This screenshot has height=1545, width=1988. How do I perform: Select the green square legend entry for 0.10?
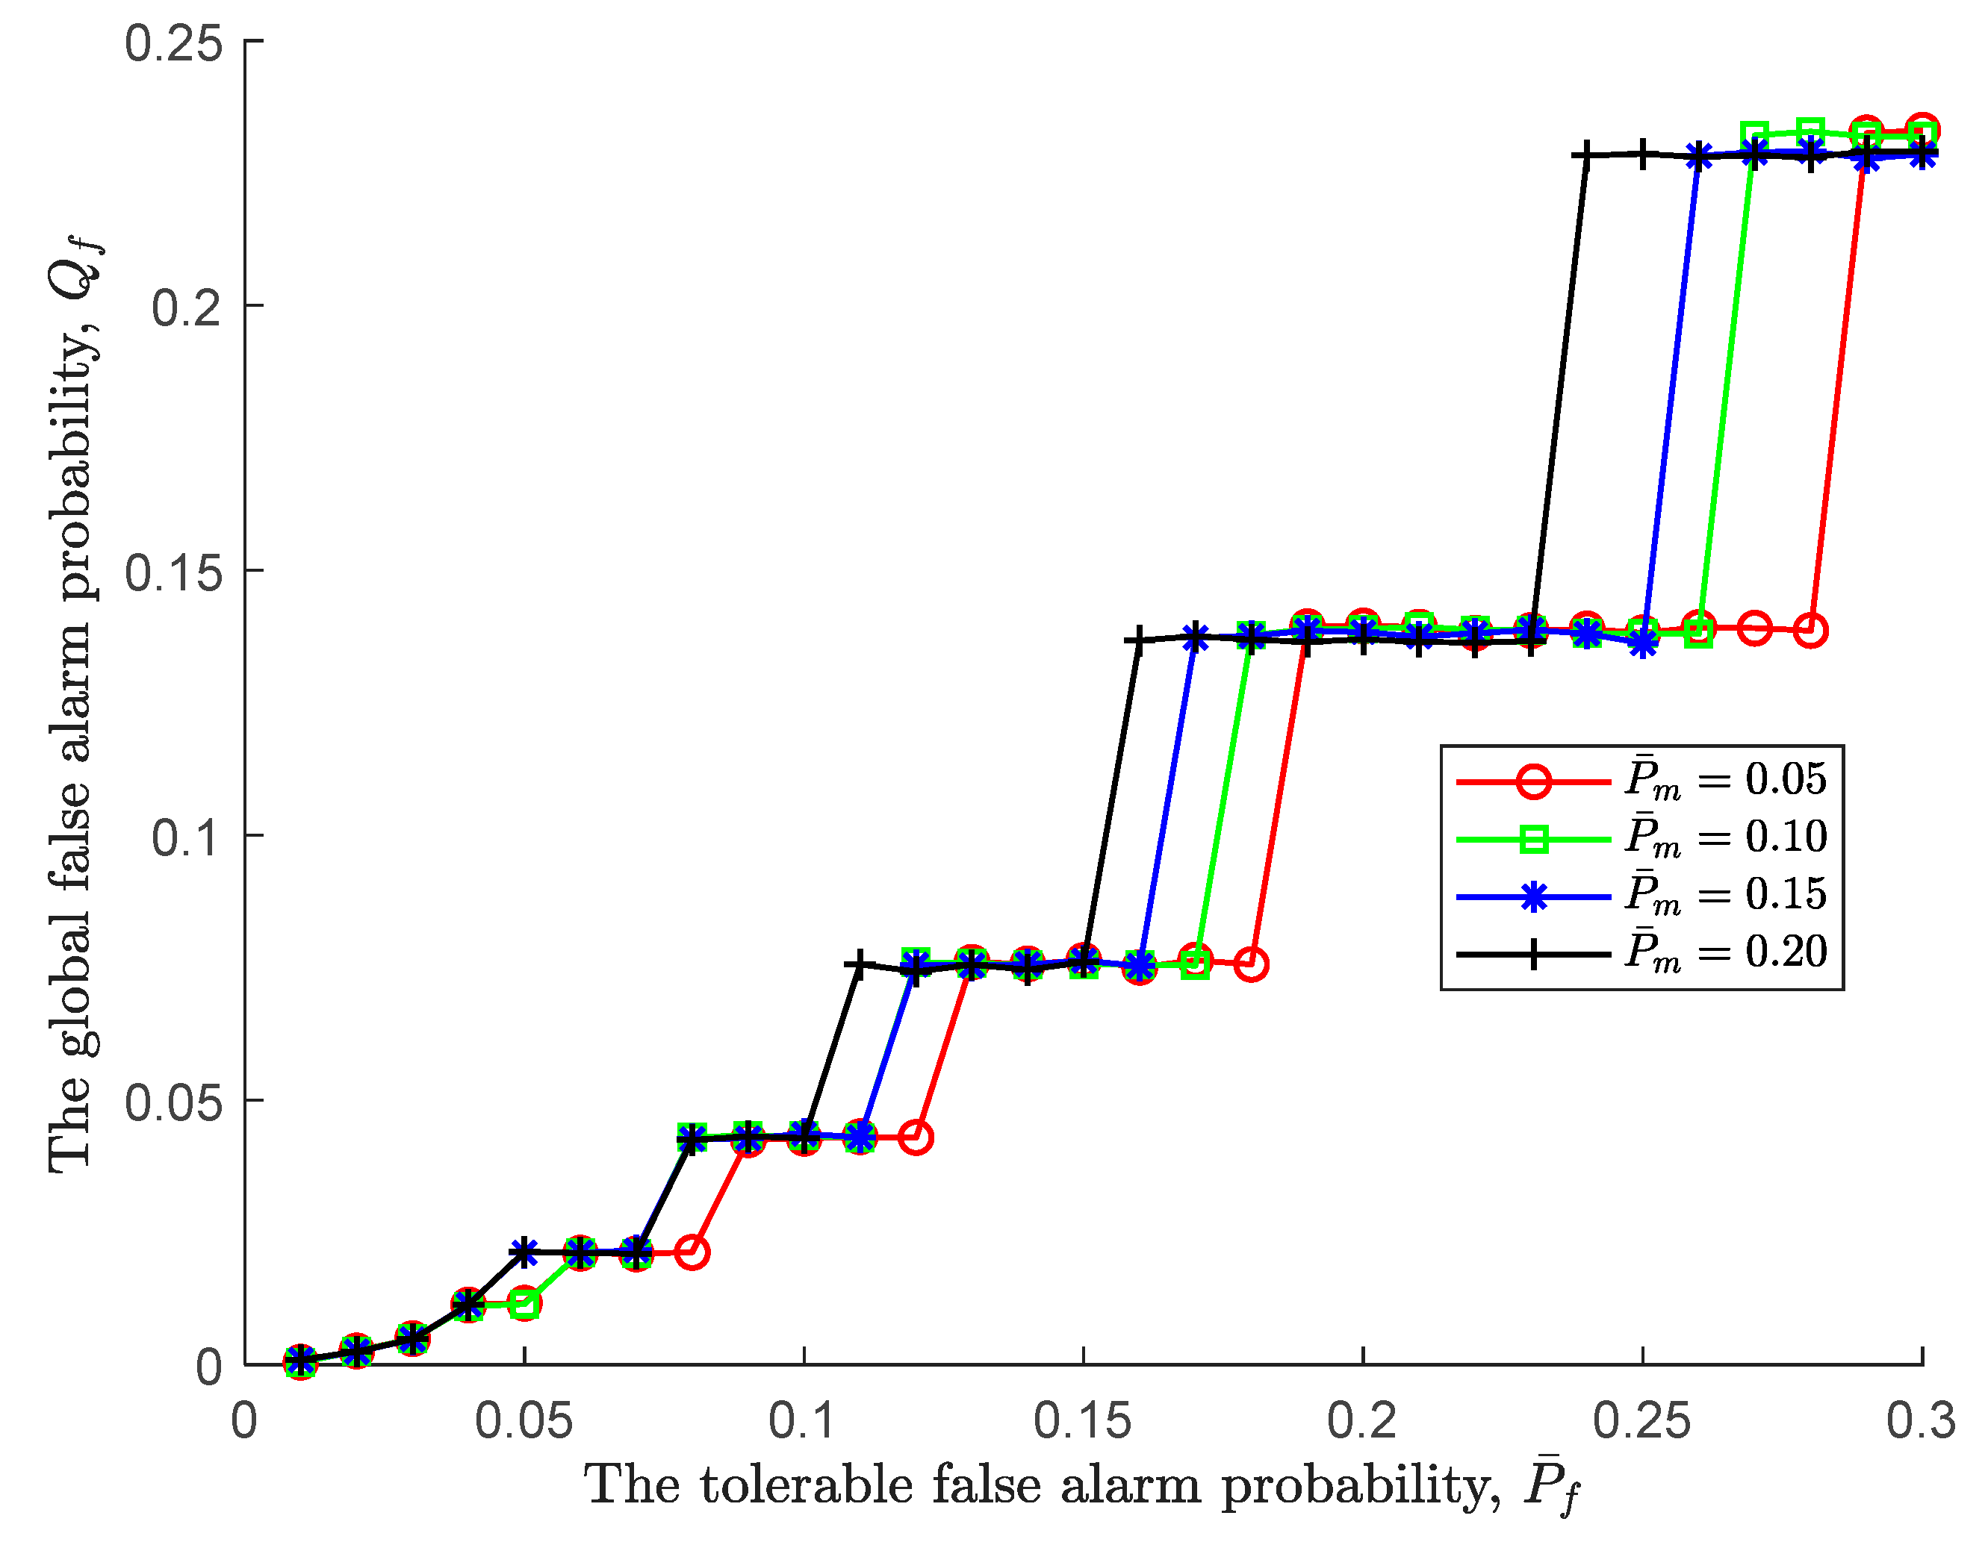(x=1534, y=839)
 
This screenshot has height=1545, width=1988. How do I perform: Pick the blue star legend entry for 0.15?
(x=1534, y=897)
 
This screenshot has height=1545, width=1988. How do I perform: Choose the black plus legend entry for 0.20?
(x=1534, y=955)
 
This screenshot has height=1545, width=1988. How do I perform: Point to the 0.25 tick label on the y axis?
(x=173, y=43)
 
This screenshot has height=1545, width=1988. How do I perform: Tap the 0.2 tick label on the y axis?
(x=187, y=307)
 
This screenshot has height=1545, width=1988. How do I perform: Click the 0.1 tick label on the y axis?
(x=187, y=836)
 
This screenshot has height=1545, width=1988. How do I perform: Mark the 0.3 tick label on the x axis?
(x=1921, y=1420)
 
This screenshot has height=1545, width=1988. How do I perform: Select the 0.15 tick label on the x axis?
(x=1082, y=1420)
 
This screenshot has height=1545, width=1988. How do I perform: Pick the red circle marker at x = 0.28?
(x=1810, y=630)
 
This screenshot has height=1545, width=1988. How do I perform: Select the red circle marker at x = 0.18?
(x=1252, y=964)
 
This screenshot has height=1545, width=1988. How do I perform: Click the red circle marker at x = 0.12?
(x=916, y=1137)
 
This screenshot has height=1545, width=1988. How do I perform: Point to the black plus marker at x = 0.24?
(x=1585, y=154)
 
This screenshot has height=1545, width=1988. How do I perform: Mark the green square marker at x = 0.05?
(x=524, y=1304)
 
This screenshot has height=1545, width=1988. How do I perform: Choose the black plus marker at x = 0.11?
(x=857, y=964)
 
